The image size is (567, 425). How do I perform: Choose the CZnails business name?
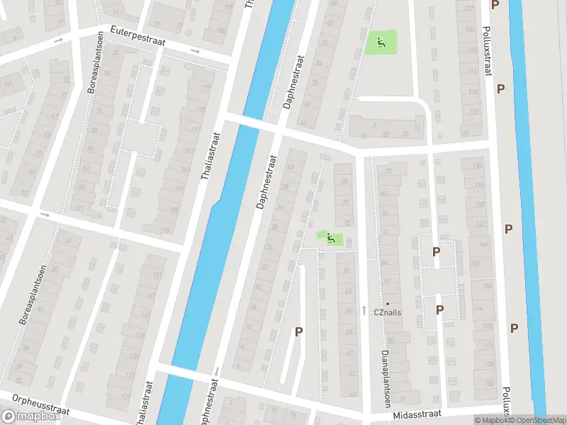(388, 311)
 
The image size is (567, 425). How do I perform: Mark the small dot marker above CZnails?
(388, 303)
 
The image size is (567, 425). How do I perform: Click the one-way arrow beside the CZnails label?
(364, 310)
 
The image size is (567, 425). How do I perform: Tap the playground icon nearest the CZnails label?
(330, 239)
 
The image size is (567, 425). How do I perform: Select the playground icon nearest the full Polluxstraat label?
(381, 43)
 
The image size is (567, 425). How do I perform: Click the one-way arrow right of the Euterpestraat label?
(196, 51)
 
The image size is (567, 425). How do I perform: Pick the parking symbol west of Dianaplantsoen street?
(298, 331)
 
